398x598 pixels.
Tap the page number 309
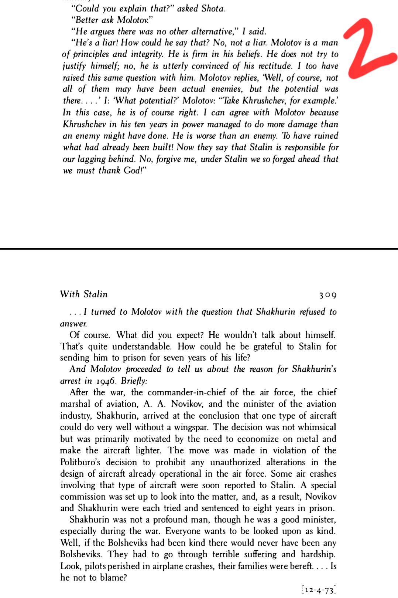click(328, 295)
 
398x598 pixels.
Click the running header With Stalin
click(84, 294)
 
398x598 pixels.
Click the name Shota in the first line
click(213, 8)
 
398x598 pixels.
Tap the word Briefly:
click(134, 381)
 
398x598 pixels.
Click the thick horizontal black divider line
click(199, 249)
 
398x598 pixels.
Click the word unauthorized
click(239, 462)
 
